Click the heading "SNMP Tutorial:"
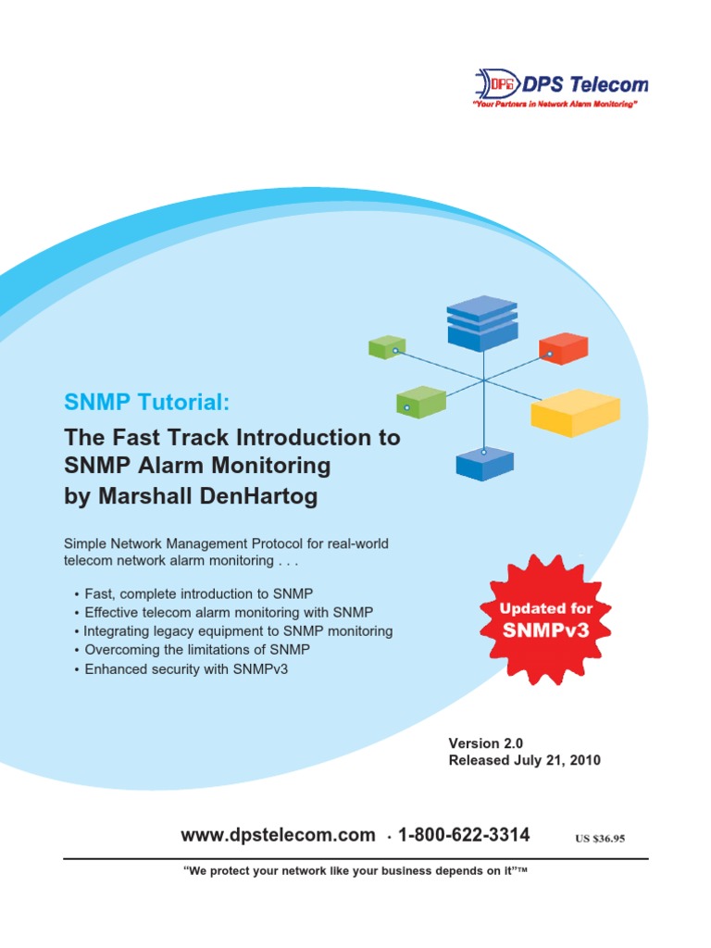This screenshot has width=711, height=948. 144,402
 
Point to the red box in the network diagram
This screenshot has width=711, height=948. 563,348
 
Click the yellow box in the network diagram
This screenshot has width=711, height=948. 574,411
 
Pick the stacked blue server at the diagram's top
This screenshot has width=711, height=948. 481,323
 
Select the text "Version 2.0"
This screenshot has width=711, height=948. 486,742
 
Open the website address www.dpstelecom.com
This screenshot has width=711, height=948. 278,835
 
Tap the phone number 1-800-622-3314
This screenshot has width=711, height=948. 464,835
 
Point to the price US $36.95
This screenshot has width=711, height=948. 600,839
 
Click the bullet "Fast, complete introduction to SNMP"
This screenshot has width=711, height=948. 205,592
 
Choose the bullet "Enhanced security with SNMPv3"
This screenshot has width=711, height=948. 186,668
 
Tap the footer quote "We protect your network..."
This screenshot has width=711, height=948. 355,873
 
